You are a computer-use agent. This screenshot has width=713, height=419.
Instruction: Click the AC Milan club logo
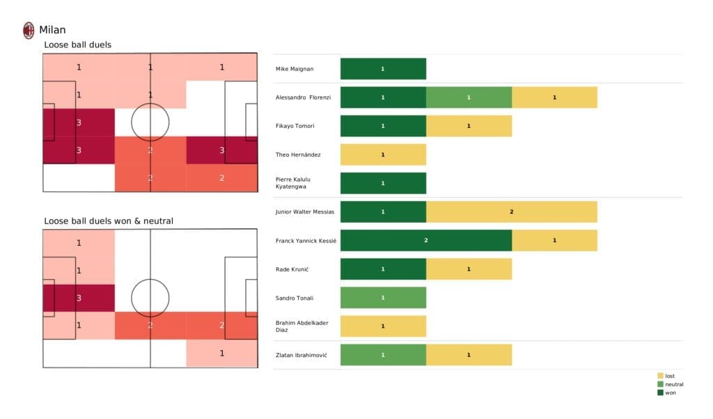point(29,30)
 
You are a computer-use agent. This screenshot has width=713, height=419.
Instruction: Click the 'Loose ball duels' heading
point(77,45)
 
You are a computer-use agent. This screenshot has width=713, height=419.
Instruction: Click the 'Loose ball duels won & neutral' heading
point(109,221)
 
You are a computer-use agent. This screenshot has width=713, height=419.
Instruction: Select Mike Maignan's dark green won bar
point(383,69)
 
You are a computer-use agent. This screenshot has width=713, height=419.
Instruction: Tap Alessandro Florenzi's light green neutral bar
point(469,97)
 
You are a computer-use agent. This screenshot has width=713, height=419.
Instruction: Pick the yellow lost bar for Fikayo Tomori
point(469,126)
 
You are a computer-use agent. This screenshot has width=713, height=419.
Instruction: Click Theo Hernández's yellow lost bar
point(383,155)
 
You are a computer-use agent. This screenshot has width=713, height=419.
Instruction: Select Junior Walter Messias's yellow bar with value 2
point(512,212)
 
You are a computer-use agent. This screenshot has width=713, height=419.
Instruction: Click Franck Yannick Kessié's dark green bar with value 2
point(426,240)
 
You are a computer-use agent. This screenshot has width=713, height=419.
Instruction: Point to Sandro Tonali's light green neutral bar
point(383,298)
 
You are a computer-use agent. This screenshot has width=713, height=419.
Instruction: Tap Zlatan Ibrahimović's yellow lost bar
point(469,355)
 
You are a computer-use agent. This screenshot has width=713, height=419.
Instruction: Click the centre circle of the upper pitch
point(150,122)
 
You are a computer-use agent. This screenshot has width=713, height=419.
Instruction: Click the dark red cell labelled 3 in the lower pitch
point(79,298)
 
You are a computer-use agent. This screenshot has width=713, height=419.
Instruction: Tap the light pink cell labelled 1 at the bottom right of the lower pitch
point(221,354)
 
